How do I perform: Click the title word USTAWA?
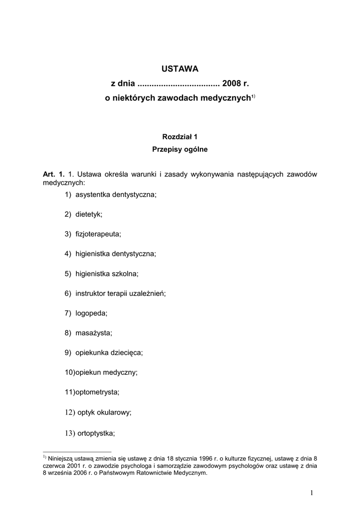(180, 68)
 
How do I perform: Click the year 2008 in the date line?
(232, 84)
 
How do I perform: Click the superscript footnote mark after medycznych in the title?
(253, 96)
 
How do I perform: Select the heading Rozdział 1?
(180, 136)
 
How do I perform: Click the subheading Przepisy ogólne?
(180, 149)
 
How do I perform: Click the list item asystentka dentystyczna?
(116, 194)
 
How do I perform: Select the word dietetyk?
(89, 214)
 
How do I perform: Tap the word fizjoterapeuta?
(98, 234)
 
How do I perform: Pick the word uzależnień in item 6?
(148, 293)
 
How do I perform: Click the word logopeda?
(91, 313)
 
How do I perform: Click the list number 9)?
(68, 352)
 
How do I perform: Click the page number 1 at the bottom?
(311, 493)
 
